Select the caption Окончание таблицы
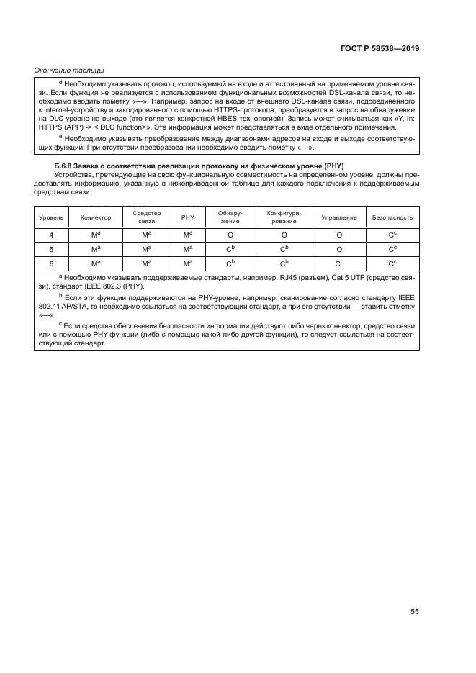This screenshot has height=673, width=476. [x=69, y=70]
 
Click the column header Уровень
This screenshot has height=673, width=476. [x=50, y=217]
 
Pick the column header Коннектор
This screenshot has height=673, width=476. [x=96, y=217]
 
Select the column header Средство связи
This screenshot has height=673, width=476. [x=146, y=217]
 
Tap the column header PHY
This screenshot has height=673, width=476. [x=187, y=217]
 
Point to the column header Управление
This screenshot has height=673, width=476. [x=338, y=217]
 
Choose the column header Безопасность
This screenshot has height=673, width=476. [x=392, y=217]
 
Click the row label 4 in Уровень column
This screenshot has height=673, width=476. [x=50, y=235]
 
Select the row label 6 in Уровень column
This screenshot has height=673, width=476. [x=50, y=263]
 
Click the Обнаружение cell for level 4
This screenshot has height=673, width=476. [x=230, y=235]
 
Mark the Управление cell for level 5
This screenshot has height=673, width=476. [x=338, y=250]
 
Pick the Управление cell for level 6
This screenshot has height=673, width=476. [x=338, y=263]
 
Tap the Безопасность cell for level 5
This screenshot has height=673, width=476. [x=392, y=250]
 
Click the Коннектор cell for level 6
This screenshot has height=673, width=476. [x=96, y=263]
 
